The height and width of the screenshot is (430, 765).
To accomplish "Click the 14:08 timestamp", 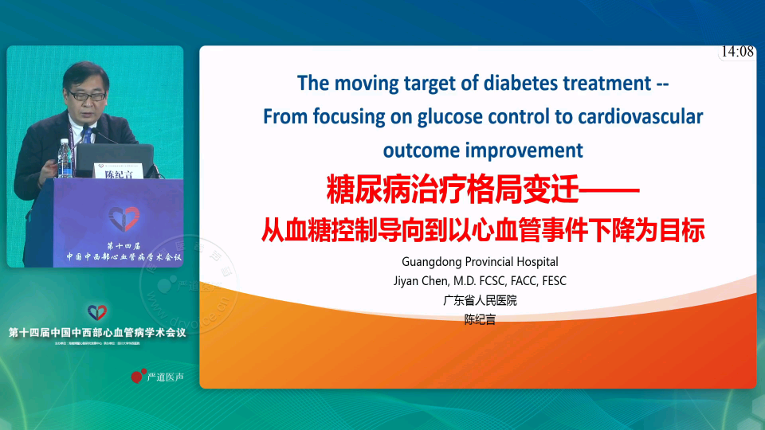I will pyautogui.click(x=737, y=52).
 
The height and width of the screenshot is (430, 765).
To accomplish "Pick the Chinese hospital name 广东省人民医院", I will pyautogui.click(x=480, y=300).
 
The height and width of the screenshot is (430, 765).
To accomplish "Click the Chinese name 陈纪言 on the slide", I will pyautogui.click(x=480, y=319).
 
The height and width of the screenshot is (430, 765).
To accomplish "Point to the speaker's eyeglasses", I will pyautogui.click(x=85, y=95).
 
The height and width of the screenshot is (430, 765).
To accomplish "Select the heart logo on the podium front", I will pyautogui.click(x=124, y=217).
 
